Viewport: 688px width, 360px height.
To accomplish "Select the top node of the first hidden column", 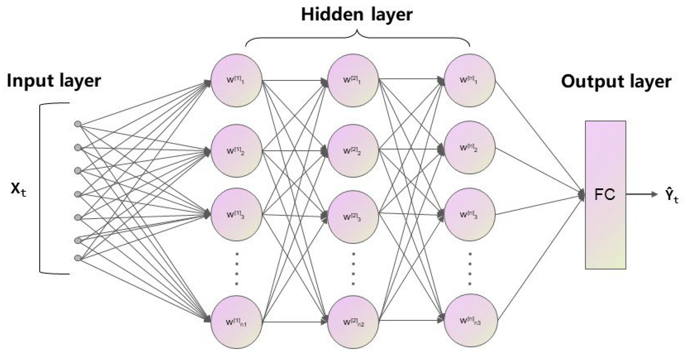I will pyautogui.click(x=236, y=80).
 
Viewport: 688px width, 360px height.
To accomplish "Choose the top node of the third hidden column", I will pyautogui.click(x=469, y=80).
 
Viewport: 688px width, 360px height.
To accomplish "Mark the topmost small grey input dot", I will pyautogui.click(x=78, y=124).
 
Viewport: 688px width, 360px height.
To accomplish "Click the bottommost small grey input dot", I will pyautogui.click(x=78, y=258).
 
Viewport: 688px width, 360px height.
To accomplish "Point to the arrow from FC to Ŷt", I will pyautogui.click(x=641, y=194).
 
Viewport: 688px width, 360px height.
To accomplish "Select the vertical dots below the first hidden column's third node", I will pyautogui.click(x=236, y=269).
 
